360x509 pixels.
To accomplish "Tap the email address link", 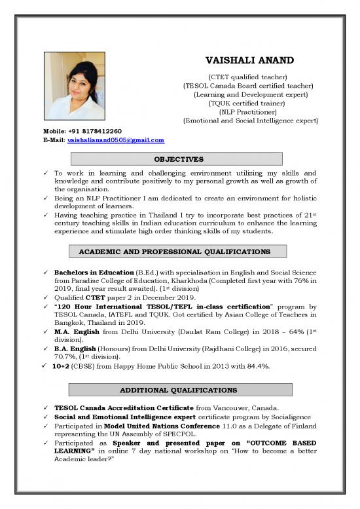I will point(116,140).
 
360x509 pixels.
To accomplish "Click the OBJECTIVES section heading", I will point(178,159).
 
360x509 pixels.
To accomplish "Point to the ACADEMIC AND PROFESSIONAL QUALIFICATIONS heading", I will point(178,252).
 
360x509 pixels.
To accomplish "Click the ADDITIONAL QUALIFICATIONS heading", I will point(178,390).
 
